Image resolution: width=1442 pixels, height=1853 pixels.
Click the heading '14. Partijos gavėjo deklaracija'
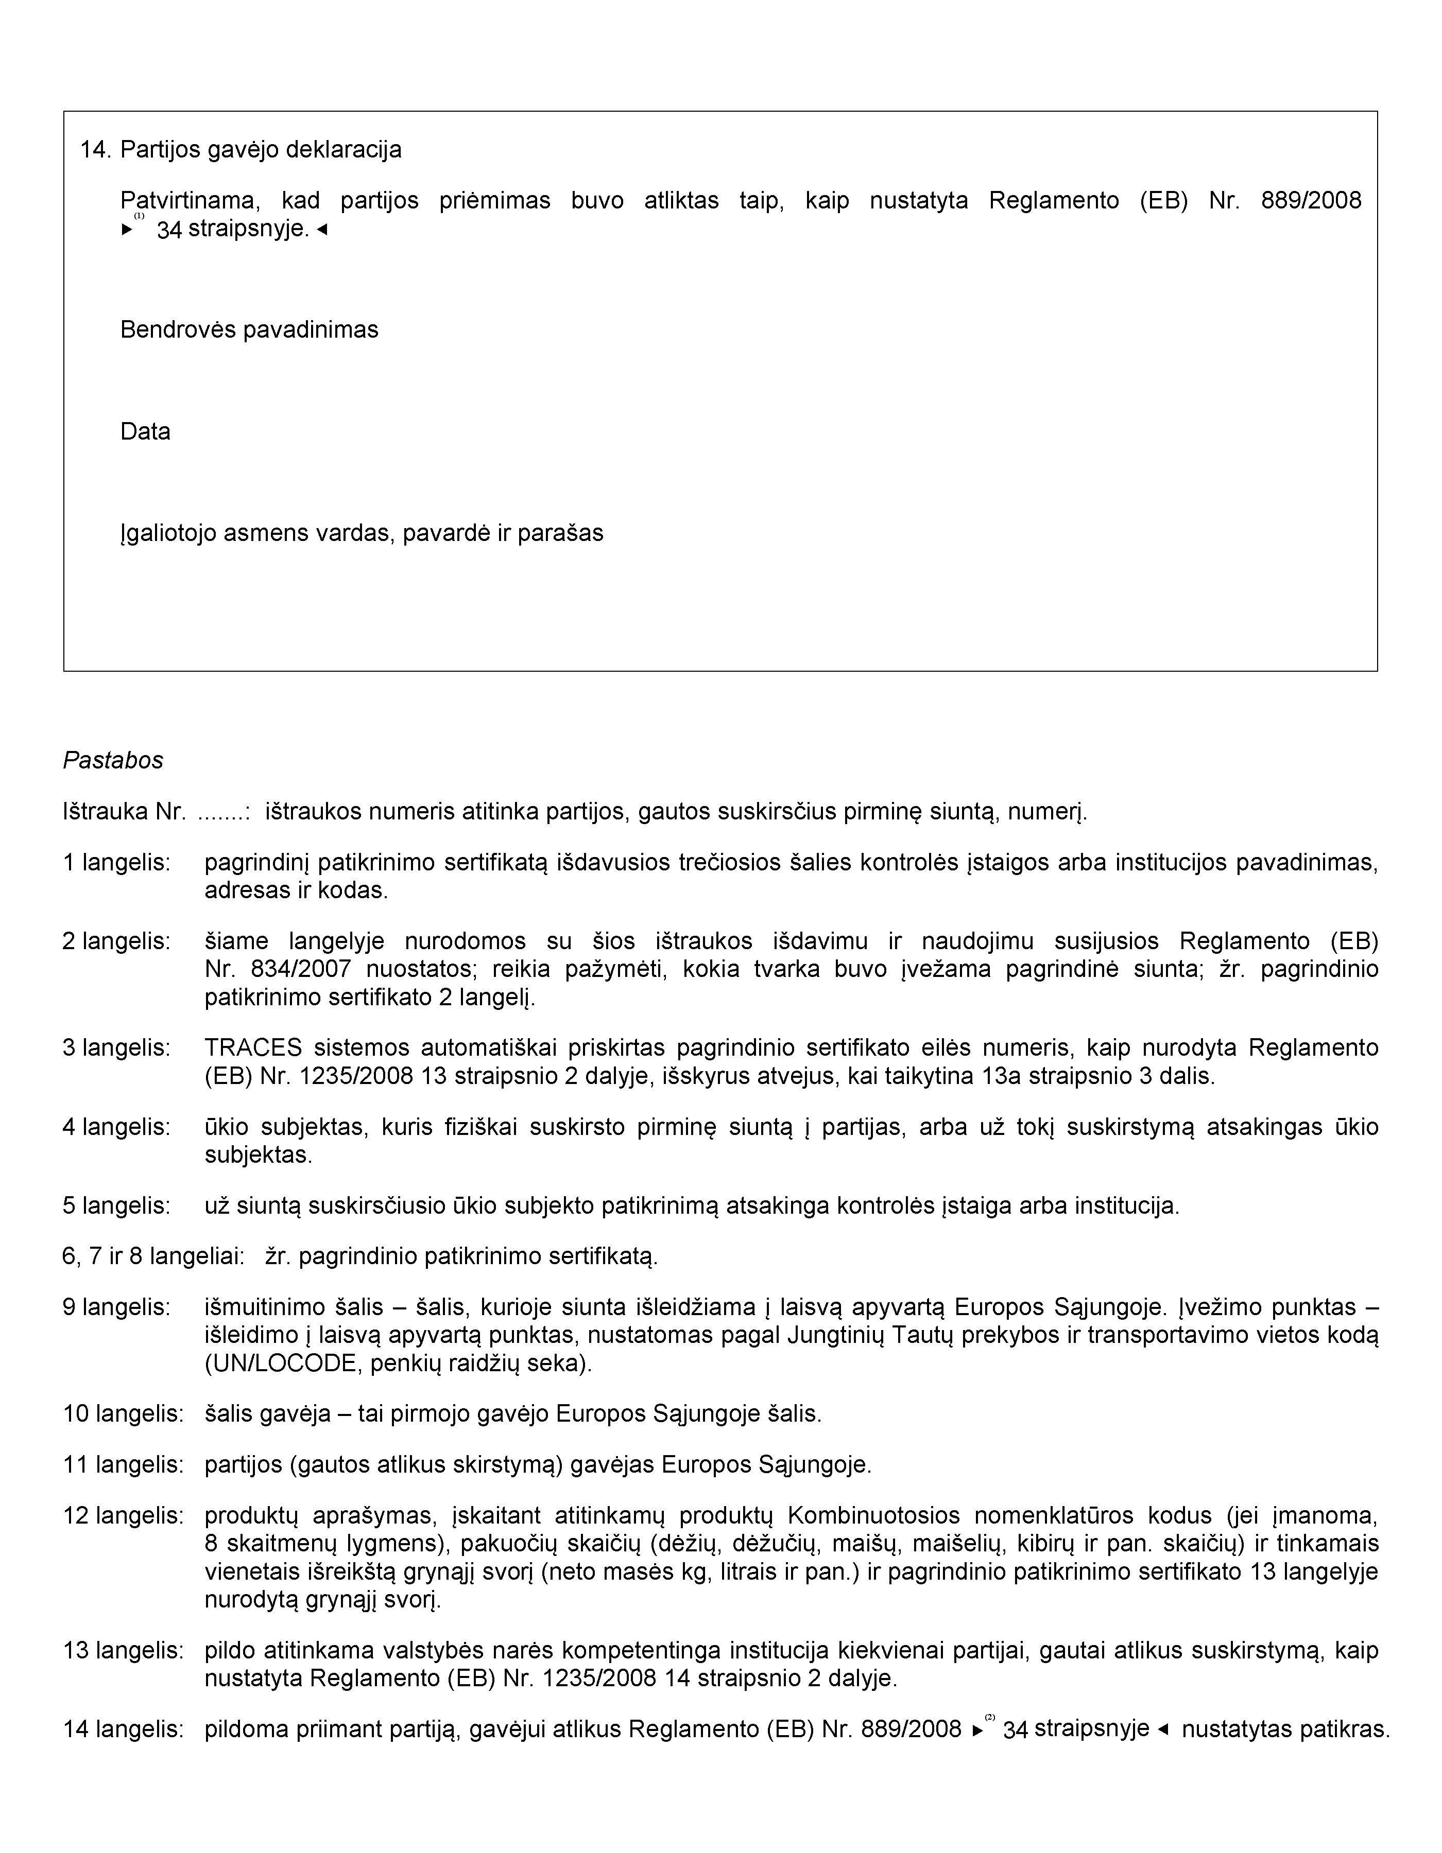click(240, 150)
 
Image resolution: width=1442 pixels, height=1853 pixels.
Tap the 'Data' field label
click(145, 432)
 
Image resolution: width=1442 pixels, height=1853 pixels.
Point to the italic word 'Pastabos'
click(113, 760)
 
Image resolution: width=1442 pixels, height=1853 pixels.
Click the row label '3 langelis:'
click(116, 1048)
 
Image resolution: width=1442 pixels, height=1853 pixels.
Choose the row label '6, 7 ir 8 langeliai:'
click(153, 1256)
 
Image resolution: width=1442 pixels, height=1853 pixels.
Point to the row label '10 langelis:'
click(123, 1414)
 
